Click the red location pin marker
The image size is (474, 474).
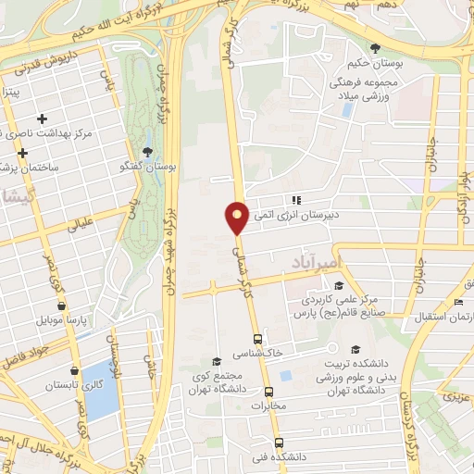pos(237,217)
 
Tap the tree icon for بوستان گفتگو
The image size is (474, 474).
pos(147,153)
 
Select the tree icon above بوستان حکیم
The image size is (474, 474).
pos(375,49)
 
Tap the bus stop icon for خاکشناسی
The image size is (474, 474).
pos(257,339)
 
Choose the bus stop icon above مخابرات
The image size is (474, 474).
pos(268,392)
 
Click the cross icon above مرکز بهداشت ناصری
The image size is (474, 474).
pos(42,118)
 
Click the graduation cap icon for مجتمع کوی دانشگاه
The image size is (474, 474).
pos(217,362)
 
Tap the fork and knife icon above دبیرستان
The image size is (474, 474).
pos(296,199)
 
